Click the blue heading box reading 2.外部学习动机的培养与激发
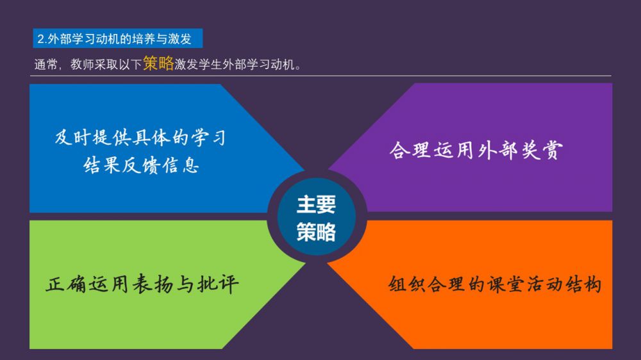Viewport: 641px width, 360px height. click(118, 38)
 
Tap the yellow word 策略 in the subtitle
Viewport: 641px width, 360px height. click(158, 63)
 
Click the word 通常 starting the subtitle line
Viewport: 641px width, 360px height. click(46, 65)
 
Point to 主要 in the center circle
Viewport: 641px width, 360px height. click(316, 204)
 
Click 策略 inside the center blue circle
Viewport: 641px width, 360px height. click(316, 232)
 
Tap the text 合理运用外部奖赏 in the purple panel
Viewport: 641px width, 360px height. click(476, 150)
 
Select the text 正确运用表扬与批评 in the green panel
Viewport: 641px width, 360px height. click(142, 284)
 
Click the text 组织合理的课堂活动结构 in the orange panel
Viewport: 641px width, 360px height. click(495, 284)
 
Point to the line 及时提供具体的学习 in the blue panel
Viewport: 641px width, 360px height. click(140, 138)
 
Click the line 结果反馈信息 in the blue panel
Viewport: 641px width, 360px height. click(142, 165)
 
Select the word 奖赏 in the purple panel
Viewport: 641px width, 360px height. click(542, 150)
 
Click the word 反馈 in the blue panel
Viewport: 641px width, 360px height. click(141, 165)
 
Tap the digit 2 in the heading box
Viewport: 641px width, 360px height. click(40, 39)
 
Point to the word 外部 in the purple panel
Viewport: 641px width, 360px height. click(498, 150)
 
